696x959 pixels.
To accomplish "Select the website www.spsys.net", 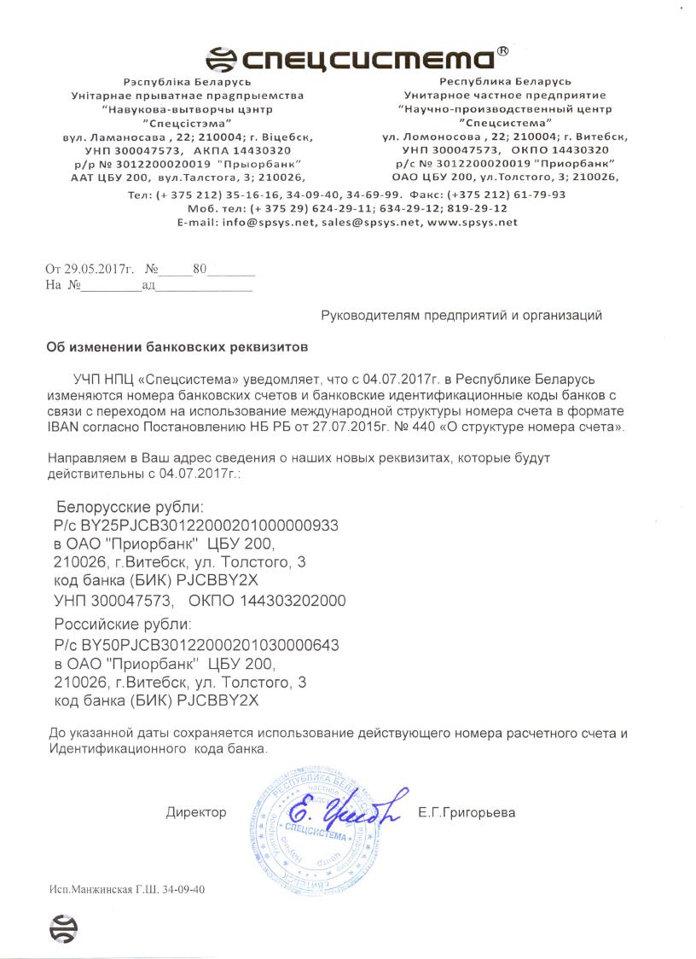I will coord(473,222).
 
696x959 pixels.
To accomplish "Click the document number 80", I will coord(200,269).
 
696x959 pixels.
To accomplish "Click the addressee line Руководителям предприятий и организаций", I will coord(461,316).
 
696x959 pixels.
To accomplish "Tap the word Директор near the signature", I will coord(196,812).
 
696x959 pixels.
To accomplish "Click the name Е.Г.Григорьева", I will coord(467,812).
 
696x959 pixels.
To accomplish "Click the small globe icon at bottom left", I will coord(63,927).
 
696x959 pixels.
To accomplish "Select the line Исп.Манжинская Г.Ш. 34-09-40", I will coord(127,889).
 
